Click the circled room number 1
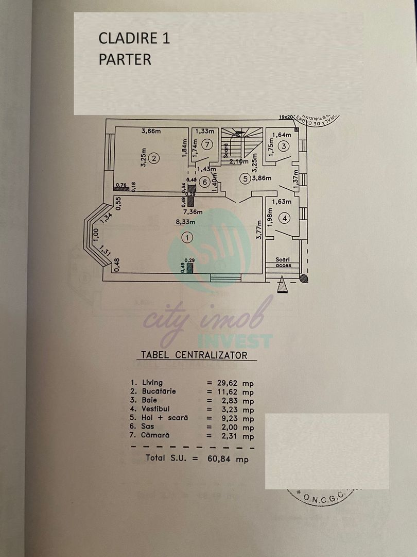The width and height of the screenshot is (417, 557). point(188,237)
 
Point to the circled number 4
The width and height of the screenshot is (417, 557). point(286,218)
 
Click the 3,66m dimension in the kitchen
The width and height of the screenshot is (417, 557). point(152,131)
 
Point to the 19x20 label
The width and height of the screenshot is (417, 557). point(286,118)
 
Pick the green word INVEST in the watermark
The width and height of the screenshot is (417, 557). point(236,341)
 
